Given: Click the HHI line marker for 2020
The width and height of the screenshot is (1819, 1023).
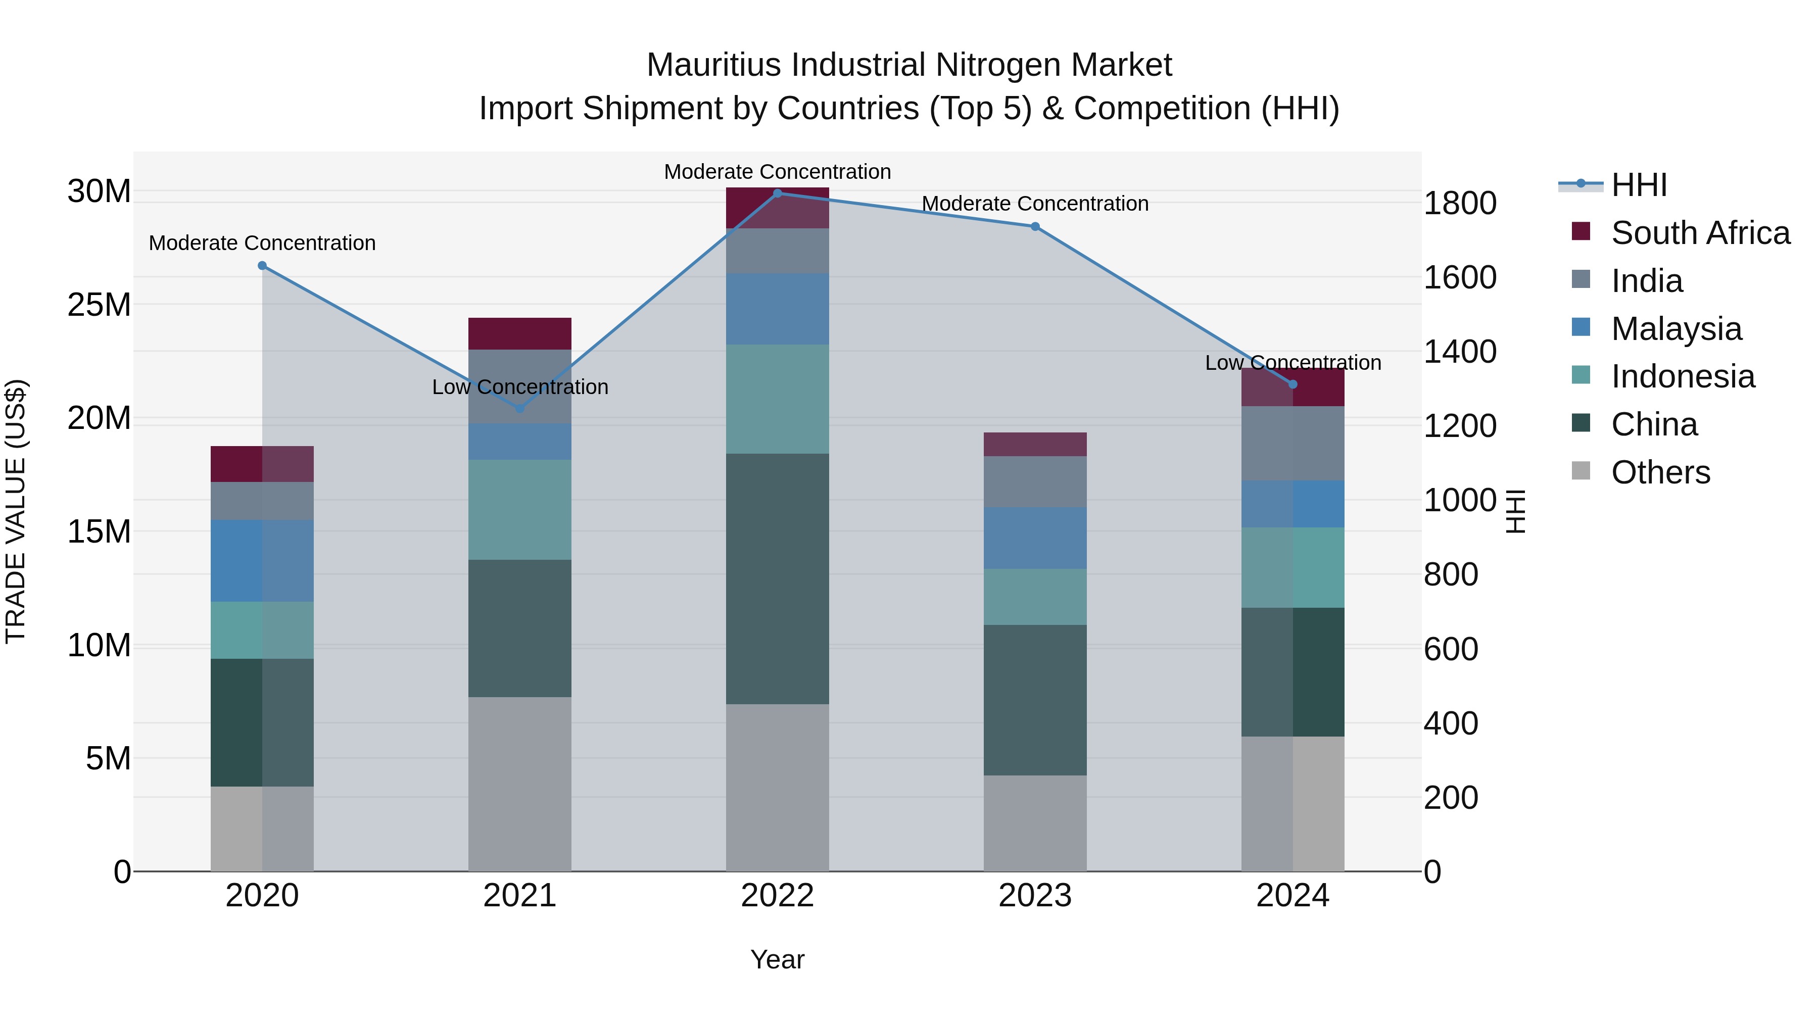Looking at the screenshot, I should (x=262, y=265).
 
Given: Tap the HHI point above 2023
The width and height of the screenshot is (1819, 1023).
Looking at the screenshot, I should (x=1035, y=227).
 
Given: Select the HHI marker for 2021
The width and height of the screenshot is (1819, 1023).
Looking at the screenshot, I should (x=520, y=408).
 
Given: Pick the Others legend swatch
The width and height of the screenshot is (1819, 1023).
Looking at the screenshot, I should (x=1581, y=471).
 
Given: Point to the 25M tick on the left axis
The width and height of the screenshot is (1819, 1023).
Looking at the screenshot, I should (x=99, y=305).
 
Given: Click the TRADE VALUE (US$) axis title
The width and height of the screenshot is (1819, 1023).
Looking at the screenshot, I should (x=16, y=511).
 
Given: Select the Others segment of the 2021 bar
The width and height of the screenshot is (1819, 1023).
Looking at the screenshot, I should (x=520, y=784).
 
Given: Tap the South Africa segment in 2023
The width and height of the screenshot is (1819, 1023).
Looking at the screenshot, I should (x=1035, y=444).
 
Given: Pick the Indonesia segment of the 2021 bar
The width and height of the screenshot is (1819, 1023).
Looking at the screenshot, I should (x=520, y=510).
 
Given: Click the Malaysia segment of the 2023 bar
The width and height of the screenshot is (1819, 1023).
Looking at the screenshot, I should (x=1035, y=538).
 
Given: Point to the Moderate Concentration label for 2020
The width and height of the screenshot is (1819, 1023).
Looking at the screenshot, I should (x=262, y=243).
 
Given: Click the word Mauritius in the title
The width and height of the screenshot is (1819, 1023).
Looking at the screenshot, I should (x=714, y=66).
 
